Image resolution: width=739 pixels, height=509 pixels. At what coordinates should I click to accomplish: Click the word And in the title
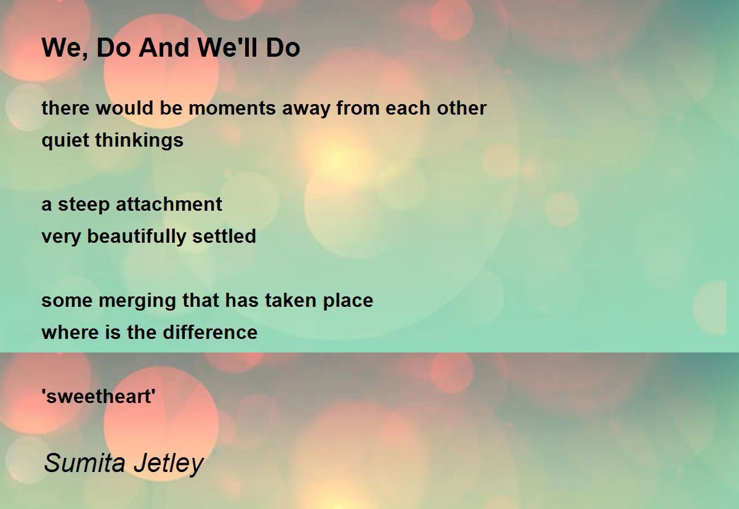164,47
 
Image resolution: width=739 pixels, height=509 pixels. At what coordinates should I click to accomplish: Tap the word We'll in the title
227,47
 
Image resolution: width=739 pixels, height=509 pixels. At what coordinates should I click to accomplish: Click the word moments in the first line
232,108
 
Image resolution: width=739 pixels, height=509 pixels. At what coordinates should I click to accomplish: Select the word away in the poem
306,109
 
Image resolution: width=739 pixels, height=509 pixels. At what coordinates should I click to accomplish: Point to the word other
461,108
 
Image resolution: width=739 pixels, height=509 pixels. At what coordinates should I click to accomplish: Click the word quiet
65,140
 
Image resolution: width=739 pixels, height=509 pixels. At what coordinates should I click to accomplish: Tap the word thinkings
139,140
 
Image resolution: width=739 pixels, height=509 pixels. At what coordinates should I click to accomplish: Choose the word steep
84,205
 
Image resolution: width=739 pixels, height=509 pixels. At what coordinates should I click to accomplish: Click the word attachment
169,204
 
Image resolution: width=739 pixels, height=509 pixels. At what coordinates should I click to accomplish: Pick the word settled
224,236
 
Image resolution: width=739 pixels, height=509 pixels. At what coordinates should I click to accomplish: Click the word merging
137,301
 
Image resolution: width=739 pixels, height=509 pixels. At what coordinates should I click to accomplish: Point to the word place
348,301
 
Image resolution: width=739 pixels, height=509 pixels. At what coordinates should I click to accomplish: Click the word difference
210,332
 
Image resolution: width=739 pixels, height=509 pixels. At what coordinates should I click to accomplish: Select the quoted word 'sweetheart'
99,396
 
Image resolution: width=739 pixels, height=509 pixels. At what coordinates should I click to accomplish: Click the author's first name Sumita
84,463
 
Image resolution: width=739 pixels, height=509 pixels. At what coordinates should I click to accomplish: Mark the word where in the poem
71,332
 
